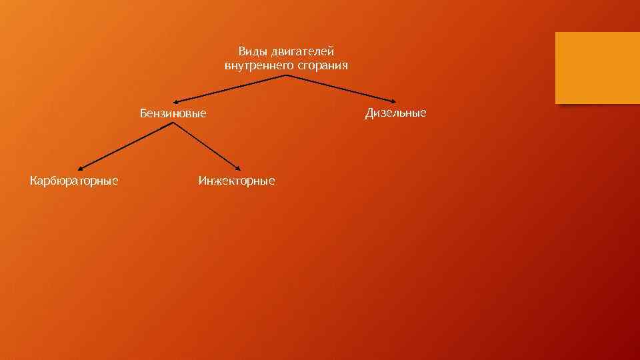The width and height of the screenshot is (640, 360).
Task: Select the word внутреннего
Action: click(x=254, y=66)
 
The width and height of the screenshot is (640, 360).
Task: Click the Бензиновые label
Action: click(x=173, y=113)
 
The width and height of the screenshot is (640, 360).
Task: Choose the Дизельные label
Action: click(x=395, y=113)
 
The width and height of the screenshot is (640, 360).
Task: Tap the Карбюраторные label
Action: click(x=75, y=180)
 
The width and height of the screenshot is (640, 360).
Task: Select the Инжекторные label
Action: click(x=237, y=180)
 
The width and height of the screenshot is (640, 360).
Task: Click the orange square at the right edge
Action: click(x=597, y=68)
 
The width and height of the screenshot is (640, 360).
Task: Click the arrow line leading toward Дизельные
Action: click(x=340, y=88)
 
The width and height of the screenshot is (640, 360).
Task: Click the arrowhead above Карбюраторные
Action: click(x=77, y=167)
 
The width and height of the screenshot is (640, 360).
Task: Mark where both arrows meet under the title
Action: click(x=286, y=75)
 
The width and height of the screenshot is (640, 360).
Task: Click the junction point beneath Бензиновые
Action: click(x=173, y=124)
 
